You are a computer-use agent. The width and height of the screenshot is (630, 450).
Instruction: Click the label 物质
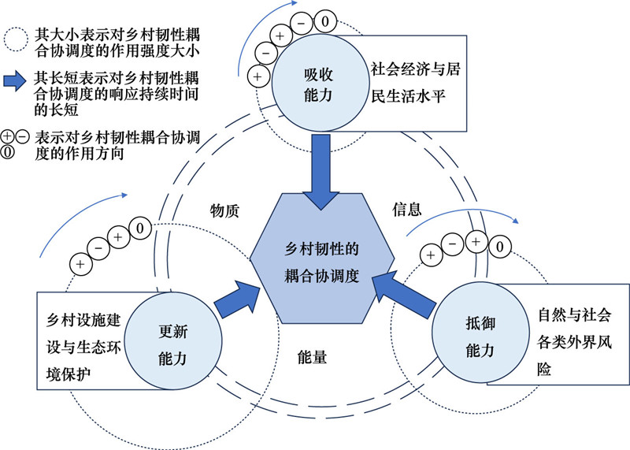click(x=224, y=211)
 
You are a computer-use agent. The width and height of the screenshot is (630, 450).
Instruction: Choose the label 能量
click(x=313, y=356)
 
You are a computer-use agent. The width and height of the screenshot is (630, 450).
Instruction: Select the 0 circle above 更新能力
click(x=139, y=229)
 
